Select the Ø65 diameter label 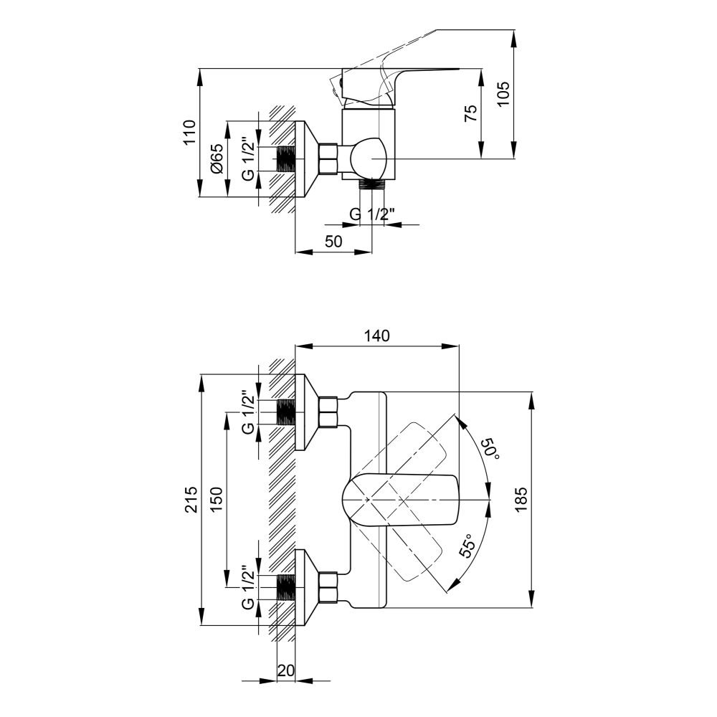click(217, 158)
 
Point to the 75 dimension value click(470, 113)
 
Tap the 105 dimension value click(503, 94)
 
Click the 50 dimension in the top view click(333, 241)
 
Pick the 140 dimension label click(377, 336)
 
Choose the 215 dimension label click(191, 499)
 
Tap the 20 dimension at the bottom click(286, 670)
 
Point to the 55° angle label click(467, 546)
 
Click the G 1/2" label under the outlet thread click(371, 214)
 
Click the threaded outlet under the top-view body click(371, 184)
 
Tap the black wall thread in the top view click(287, 158)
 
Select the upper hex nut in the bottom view click(328, 412)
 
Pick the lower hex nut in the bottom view click(328, 587)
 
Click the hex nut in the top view click(328, 158)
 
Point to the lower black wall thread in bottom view click(287, 587)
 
